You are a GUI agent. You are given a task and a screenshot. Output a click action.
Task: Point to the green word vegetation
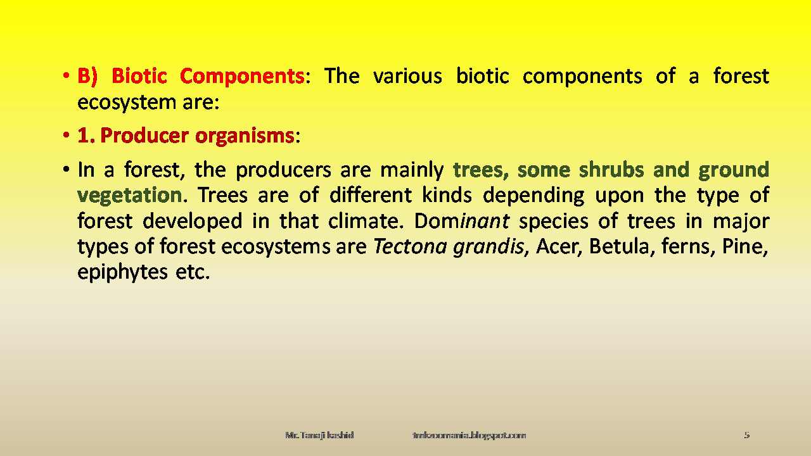[129, 195]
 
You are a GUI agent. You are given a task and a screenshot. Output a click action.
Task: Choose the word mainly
[411, 170]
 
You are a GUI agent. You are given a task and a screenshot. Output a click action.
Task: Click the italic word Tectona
[410, 246]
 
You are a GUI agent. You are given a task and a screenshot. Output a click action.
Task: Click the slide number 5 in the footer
[746, 435]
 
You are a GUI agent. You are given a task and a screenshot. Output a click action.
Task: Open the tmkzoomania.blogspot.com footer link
[469, 435]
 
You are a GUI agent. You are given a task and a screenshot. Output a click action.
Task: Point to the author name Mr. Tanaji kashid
[319, 435]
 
